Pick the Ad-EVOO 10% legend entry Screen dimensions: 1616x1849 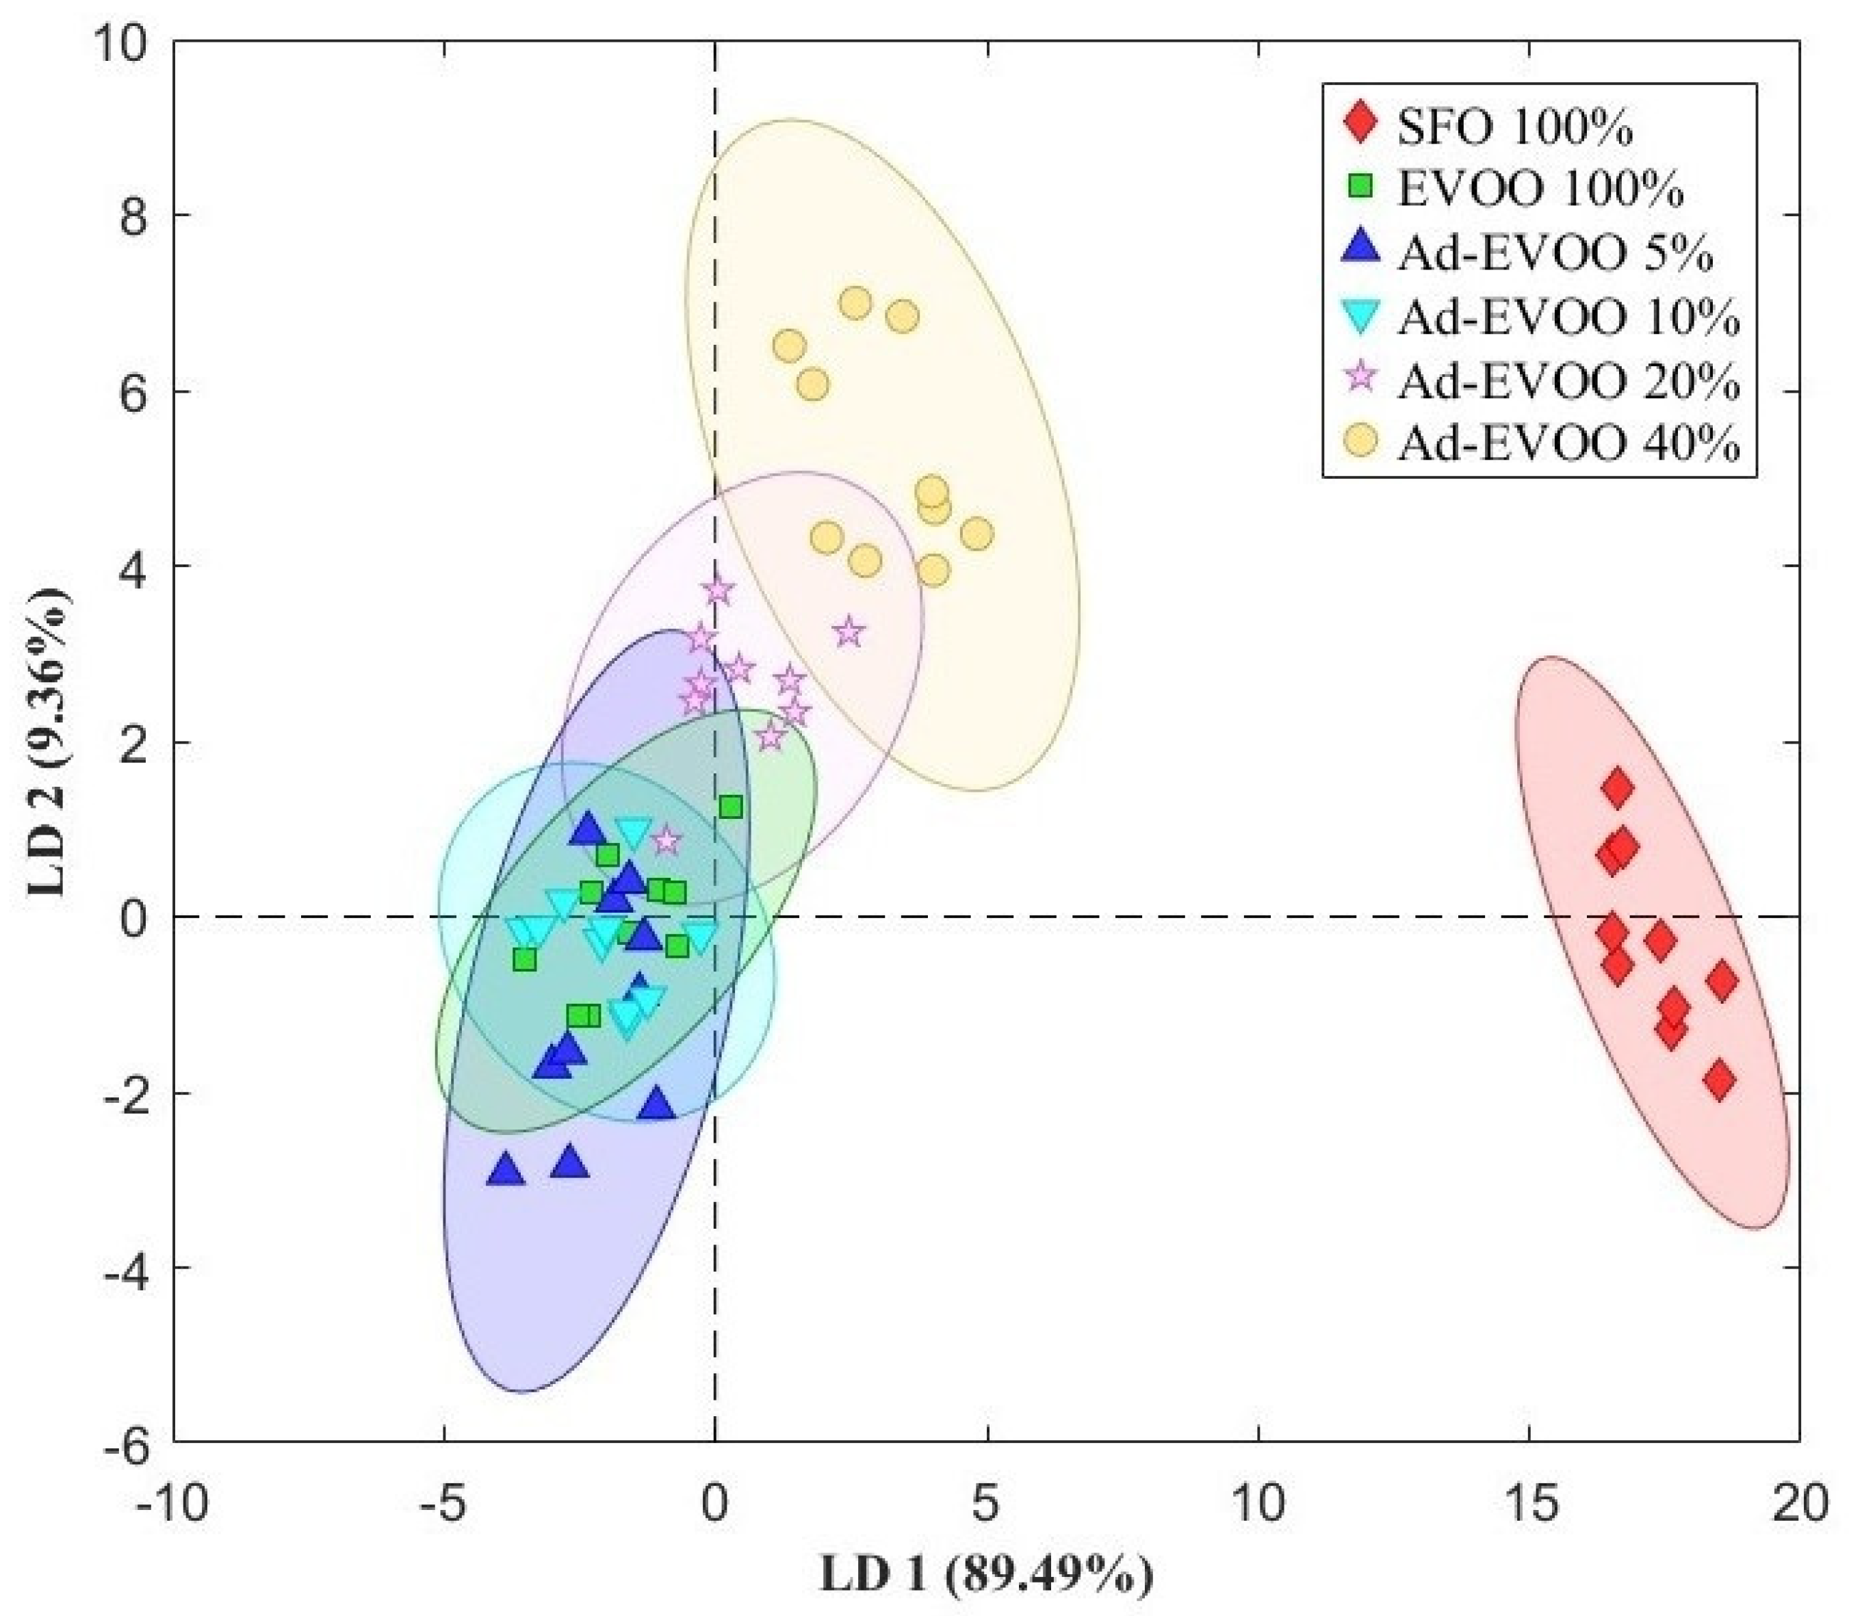[1568, 317]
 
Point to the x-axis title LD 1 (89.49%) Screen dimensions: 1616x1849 [986, 1576]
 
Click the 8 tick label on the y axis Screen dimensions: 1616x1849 [135, 216]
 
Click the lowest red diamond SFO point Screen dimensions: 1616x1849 [1719, 1080]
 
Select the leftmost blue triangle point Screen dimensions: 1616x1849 [505, 1171]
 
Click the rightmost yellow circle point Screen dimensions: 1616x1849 [977, 534]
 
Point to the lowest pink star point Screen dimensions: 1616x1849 [667, 840]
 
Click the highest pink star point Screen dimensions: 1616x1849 [718, 590]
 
